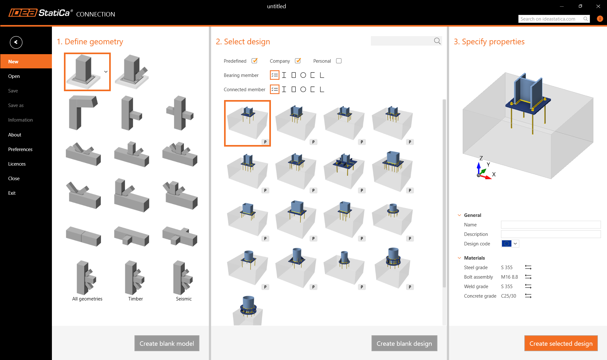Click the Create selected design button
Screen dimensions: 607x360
point(561,343)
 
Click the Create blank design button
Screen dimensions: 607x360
point(404,343)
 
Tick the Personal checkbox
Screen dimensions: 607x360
point(339,61)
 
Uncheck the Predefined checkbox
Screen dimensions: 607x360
point(254,61)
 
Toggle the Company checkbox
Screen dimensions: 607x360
point(298,61)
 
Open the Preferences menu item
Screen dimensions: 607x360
point(20,149)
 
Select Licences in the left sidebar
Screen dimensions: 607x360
point(17,164)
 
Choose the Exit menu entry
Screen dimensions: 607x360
point(12,193)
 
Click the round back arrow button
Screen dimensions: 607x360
point(16,42)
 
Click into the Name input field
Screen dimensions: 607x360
point(551,224)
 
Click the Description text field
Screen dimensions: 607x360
point(551,234)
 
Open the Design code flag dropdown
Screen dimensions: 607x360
point(510,243)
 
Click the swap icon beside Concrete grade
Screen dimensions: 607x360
point(528,296)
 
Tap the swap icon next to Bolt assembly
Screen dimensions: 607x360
point(528,277)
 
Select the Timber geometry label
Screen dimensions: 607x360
point(135,299)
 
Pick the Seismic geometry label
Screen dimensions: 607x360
point(184,299)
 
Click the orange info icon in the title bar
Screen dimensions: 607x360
point(600,19)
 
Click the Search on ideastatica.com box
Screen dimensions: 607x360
point(551,19)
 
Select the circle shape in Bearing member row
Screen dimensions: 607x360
point(303,75)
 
